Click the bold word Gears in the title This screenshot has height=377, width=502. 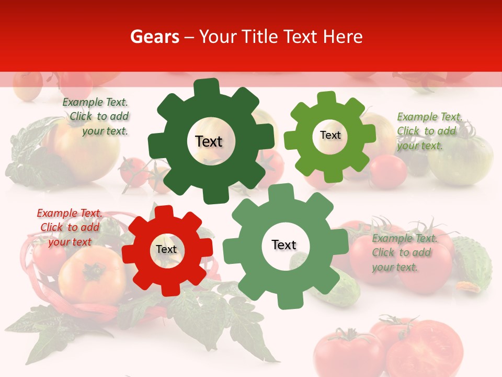(x=154, y=37)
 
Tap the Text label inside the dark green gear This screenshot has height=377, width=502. (x=209, y=141)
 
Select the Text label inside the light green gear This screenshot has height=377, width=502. (x=330, y=135)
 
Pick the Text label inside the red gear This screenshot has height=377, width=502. (x=166, y=250)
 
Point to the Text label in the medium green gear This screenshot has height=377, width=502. (x=284, y=245)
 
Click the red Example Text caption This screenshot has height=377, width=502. (x=69, y=227)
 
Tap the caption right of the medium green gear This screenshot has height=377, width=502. (x=403, y=252)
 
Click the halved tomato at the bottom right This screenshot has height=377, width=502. (x=427, y=348)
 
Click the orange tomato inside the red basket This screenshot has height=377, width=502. (x=92, y=275)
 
